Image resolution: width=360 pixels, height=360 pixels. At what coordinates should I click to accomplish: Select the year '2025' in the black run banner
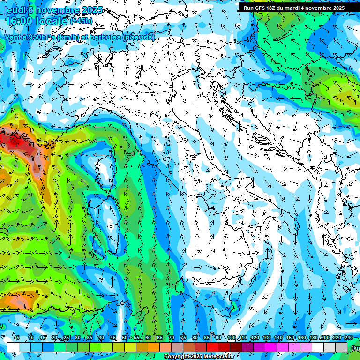click(336, 8)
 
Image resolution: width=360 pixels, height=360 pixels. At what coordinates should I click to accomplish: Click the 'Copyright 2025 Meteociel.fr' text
click(199, 356)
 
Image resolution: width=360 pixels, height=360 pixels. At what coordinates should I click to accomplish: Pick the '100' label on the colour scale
click(231, 337)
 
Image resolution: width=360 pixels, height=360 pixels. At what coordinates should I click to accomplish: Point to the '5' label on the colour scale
click(18, 337)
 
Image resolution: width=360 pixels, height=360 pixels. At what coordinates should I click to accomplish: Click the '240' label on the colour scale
click(349, 337)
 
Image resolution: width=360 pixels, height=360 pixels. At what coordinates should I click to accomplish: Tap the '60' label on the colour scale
click(148, 337)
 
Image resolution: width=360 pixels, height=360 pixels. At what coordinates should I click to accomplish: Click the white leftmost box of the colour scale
click(13, 347)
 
